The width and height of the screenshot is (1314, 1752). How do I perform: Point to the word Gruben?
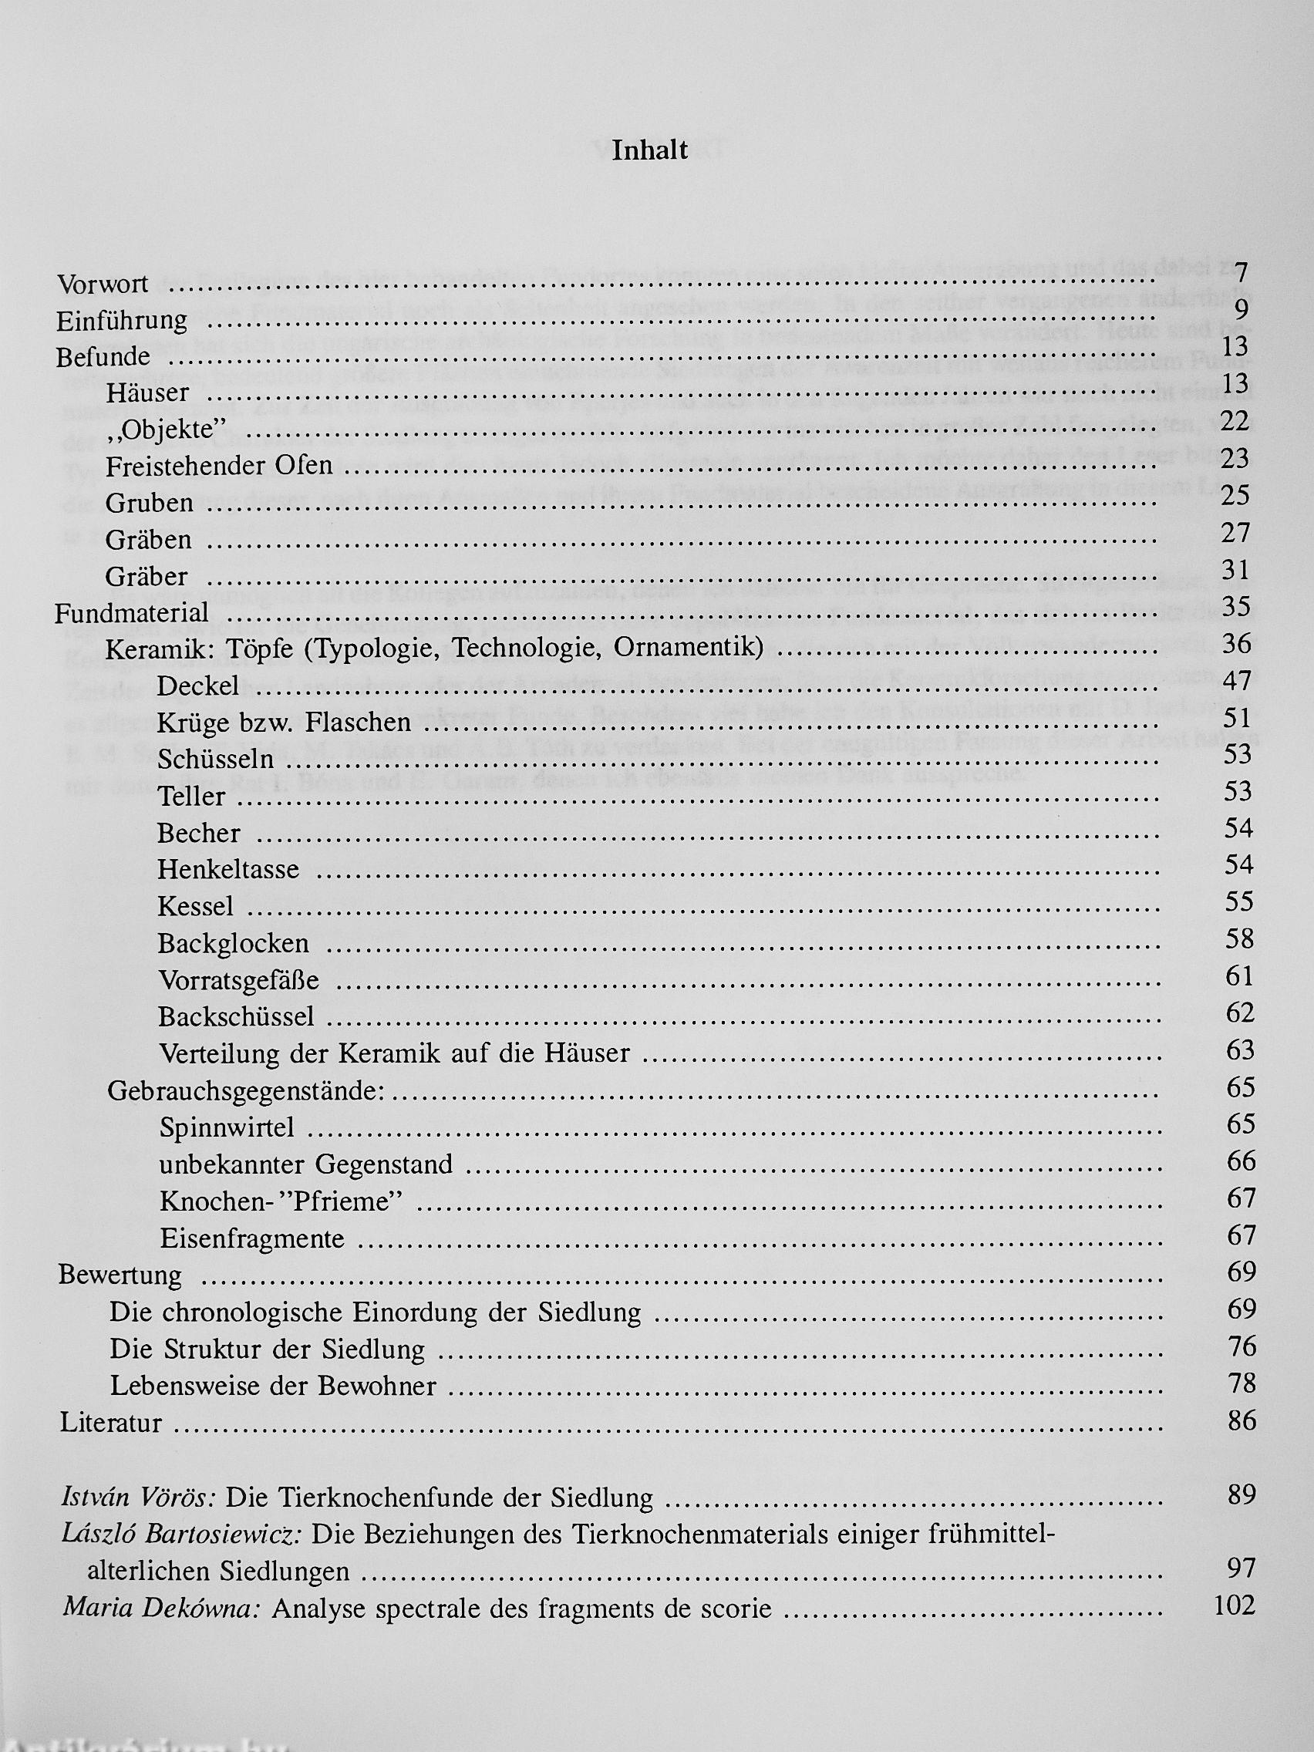point(149,503)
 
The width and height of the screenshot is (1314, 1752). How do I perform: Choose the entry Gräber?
point(147,577)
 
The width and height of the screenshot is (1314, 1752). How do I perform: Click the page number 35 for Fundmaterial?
point(1235,607)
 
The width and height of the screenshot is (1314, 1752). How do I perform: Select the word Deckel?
point(198,686)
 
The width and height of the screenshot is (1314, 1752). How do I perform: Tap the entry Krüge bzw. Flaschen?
point(285,723)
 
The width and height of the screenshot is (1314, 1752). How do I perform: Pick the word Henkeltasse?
point(228,870)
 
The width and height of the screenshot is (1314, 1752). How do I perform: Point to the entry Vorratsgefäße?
point(238,981)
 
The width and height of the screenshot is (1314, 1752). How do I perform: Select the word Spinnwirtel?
point(227,1127)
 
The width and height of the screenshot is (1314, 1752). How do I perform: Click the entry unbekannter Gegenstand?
point(305,1164)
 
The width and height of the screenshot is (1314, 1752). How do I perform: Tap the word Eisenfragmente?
point(252,1238)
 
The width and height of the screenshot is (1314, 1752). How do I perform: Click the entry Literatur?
point(111,1423)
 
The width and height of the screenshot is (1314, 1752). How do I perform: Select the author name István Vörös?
point(140,1498)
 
